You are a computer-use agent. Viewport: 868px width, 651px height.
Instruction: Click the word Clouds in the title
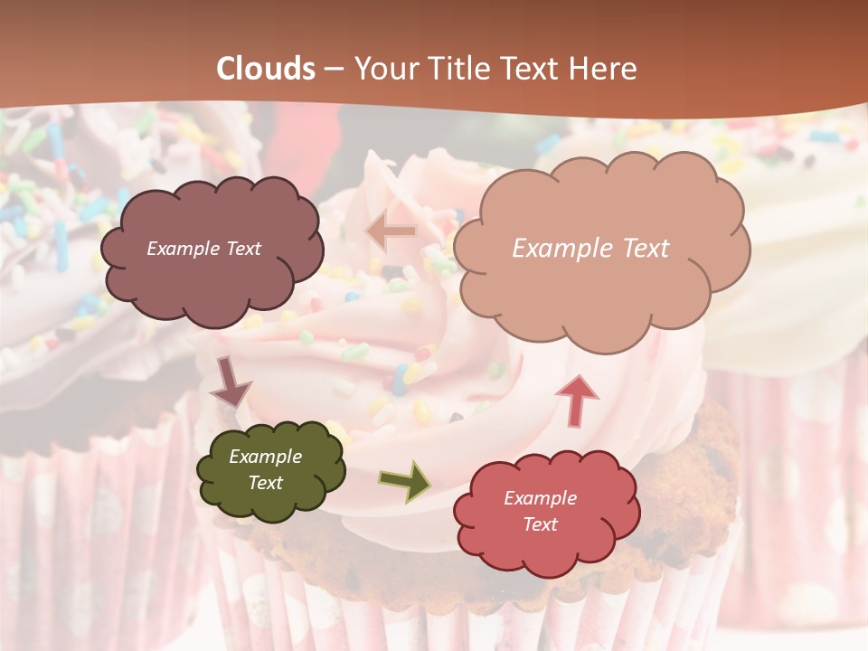point(266,69)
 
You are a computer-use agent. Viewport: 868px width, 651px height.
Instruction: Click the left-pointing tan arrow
point(391,231)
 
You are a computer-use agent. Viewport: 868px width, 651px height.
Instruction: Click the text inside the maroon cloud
point(203,249)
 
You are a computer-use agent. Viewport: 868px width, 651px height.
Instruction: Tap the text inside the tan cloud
point(590,249)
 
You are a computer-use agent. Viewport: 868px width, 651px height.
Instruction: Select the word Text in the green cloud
point(266,483)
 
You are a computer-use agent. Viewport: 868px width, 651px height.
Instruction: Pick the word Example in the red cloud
point(540,498)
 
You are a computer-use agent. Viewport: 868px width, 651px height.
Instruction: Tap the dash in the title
point(334,70)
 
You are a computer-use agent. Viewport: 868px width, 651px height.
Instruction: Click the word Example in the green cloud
point(266,458)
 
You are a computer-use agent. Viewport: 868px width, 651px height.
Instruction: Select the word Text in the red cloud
point(540,524)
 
